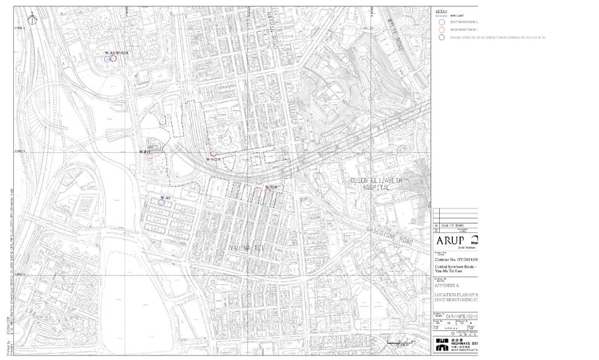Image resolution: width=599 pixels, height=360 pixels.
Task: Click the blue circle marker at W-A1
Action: (107, 59)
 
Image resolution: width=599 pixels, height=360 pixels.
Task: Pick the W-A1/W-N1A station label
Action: (116, 52)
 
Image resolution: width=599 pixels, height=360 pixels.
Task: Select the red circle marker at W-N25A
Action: (214, 153)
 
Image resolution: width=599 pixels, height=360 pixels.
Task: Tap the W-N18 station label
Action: (271, 187)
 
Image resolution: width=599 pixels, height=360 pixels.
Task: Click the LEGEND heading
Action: (442, 11)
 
